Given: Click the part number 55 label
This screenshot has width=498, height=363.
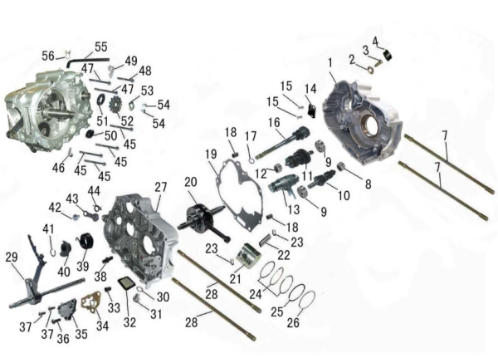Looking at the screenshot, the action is pyautogui.click(x=101, y=47).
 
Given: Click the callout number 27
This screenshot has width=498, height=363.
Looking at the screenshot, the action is pyautogui.click(x=161, y=187).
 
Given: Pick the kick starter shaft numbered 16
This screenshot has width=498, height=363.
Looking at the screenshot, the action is pyautogui.click(x=281, y=141).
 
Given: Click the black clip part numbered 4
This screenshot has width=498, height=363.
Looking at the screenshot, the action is pyautogui.click(x=388, y=55).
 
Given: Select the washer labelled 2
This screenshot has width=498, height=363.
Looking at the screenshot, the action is pyautogui.click(x=369, y=70).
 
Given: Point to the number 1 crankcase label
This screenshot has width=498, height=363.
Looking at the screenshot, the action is pyautogui.click(x=330, y=62).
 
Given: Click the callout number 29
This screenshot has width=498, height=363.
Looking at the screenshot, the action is pyautogui.click(x=12, y=258).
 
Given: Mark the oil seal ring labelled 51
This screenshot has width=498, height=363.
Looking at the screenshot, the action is pyautogui.click(x=101, y=101).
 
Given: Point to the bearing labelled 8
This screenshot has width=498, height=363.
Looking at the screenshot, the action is pyautogui.click(x=341, y=166).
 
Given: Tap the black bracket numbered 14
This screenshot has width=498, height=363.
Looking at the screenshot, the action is pyautogui.click(x=311, y=111).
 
